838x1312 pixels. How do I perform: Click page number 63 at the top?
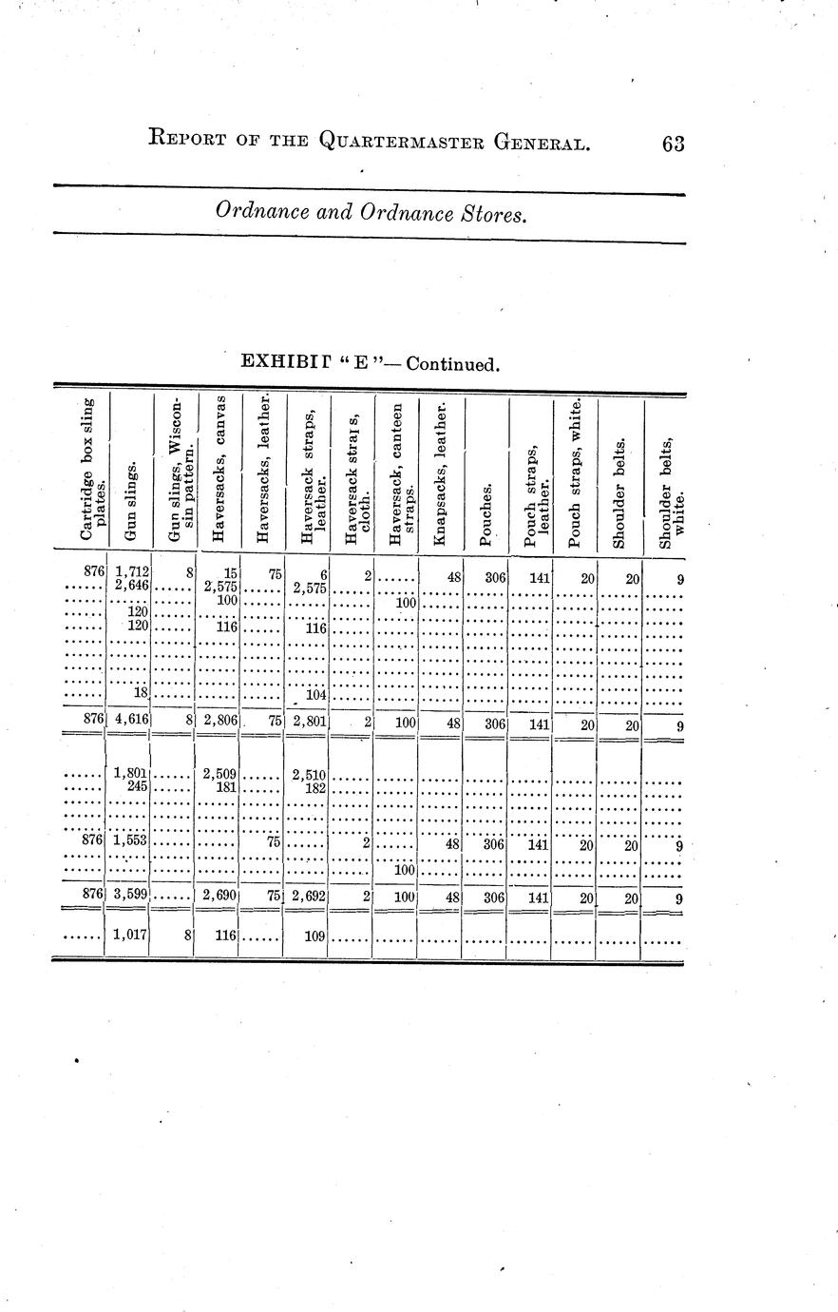coord(673,144)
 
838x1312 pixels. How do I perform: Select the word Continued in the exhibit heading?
coord(450,364)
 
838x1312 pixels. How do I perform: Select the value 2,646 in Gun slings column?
coord(130,586)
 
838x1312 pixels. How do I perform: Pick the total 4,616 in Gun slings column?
coord(130,721)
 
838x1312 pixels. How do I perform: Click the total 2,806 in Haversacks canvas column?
coord(219,721)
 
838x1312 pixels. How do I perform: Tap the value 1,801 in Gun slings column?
coord(130,773)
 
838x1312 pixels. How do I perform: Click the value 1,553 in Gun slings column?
coord(130,841)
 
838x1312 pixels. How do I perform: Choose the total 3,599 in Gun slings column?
coord(130,897)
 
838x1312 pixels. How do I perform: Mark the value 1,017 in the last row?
coord(130,936)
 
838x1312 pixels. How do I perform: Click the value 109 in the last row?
coord(314,936)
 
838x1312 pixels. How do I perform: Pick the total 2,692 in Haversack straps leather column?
coord(310,897)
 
